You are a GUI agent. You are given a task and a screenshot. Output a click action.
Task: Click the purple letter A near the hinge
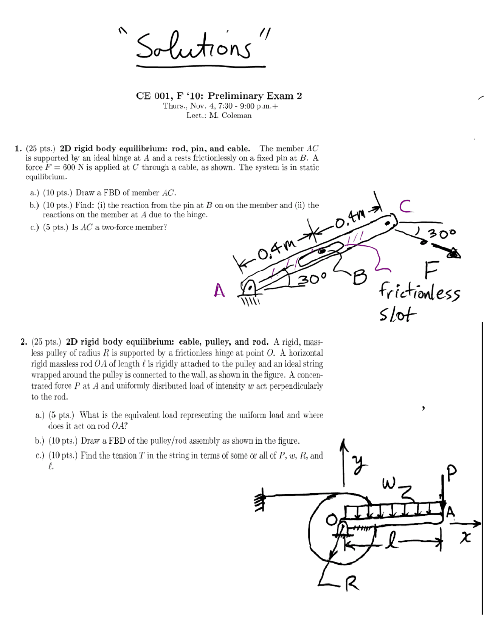pos(219,290)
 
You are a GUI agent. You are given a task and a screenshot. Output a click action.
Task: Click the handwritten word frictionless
pos(419,292)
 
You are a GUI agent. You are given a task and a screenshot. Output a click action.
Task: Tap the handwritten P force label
pos(451,472)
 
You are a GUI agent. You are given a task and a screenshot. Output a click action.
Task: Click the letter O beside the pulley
pos(332,520)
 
